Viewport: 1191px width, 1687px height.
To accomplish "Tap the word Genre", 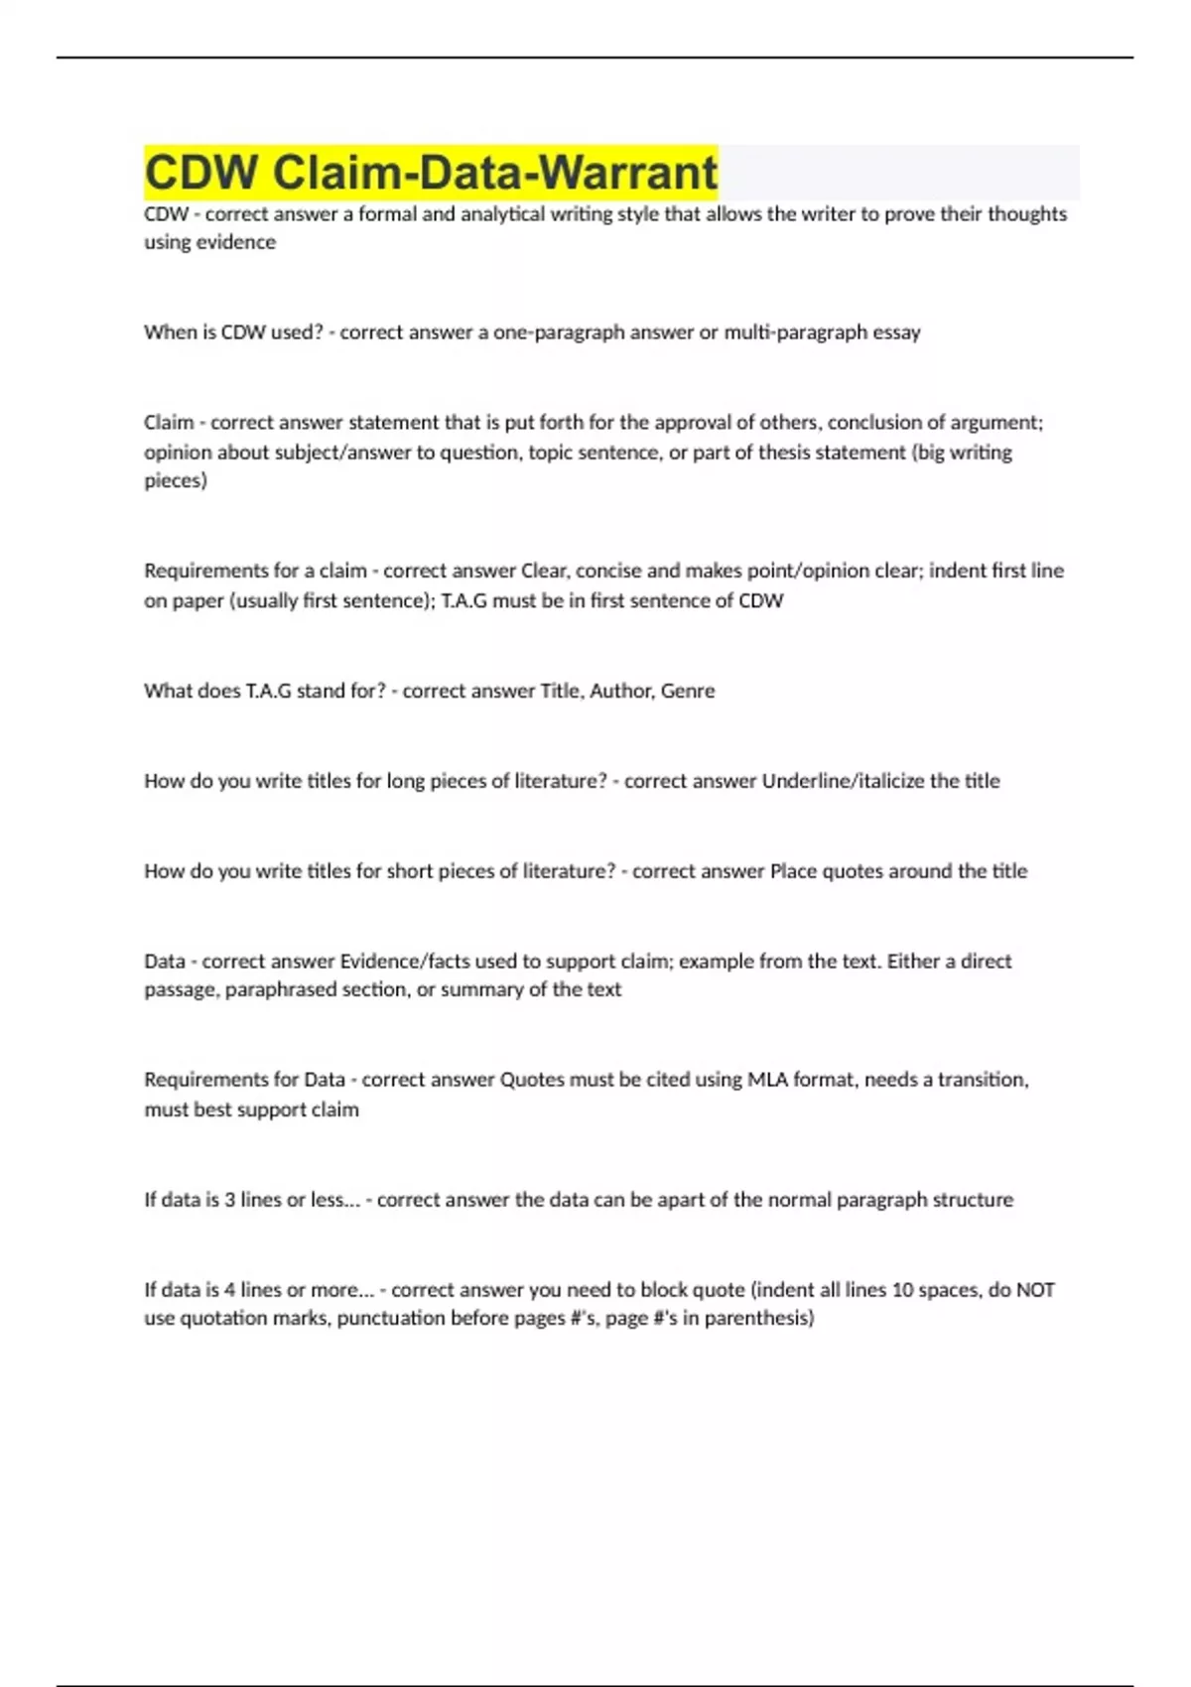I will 687,691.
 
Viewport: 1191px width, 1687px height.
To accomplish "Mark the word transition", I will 983,1080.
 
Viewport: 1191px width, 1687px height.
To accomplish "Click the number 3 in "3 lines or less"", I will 230,1200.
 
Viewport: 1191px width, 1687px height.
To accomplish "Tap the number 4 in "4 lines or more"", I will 230,1290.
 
